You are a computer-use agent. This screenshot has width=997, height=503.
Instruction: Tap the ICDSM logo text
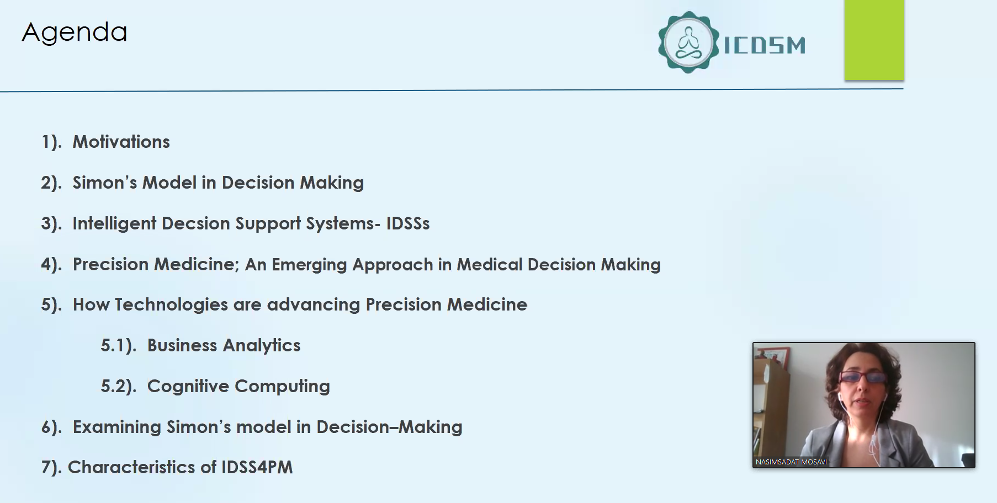[x=765, y=45]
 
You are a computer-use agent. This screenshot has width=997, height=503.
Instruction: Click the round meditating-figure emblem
[x=688, y=42]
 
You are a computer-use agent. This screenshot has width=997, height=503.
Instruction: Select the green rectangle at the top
[x=874, y=40]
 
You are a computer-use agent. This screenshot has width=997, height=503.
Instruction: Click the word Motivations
[x=121, y=142]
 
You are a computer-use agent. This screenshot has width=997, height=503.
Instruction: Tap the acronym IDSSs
[x=408, y=223]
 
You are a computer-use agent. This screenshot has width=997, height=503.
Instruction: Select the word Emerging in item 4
[x=309, y=265]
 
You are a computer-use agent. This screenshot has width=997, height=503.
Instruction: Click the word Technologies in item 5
[x=171, y=305]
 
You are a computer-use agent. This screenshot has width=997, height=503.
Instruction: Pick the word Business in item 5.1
[x=182, y=345]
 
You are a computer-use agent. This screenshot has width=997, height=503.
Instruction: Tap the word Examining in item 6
[x=117, y=427]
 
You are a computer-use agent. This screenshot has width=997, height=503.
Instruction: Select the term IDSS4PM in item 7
[x=257, y=467]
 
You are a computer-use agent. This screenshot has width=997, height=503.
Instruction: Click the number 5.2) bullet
[x=118, y=386]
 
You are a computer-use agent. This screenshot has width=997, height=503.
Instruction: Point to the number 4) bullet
[x=51, y=265]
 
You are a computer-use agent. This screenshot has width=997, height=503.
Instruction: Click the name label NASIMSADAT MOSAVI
[x=791, y=462]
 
